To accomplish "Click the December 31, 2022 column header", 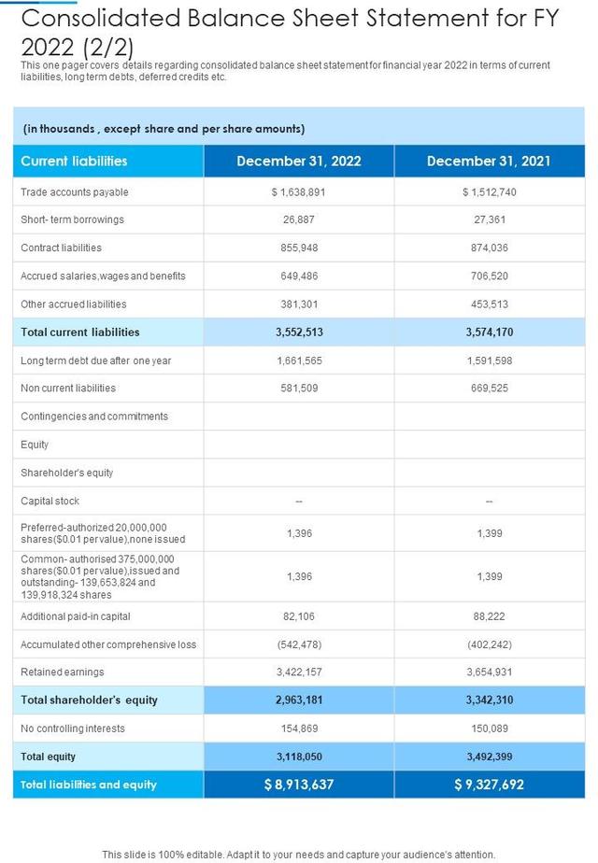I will tap(299, 161).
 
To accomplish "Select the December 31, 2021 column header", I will tap(489, 161).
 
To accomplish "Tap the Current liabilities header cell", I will tap(74, 161).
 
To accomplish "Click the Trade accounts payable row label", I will tap(75, 191).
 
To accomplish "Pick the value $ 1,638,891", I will tap(299, 191).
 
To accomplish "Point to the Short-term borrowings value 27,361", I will tap(489, 219).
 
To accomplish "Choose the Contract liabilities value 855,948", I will tap(299, 248).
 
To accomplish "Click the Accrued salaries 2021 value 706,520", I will tap(489, 276).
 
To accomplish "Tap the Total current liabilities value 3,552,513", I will tap(299, 332).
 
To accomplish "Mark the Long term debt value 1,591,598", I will tap(489, 360).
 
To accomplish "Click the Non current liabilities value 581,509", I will tap(299, 388).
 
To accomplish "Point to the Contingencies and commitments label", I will tap(94, 416).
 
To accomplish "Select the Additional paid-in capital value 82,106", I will tap(299, 615).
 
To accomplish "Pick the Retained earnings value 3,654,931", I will tap(489, 672).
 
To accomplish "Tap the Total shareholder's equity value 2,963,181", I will tap(299, 700).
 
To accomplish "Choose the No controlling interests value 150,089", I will tap(489, 728).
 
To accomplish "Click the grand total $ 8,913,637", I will tap(299, 785).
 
